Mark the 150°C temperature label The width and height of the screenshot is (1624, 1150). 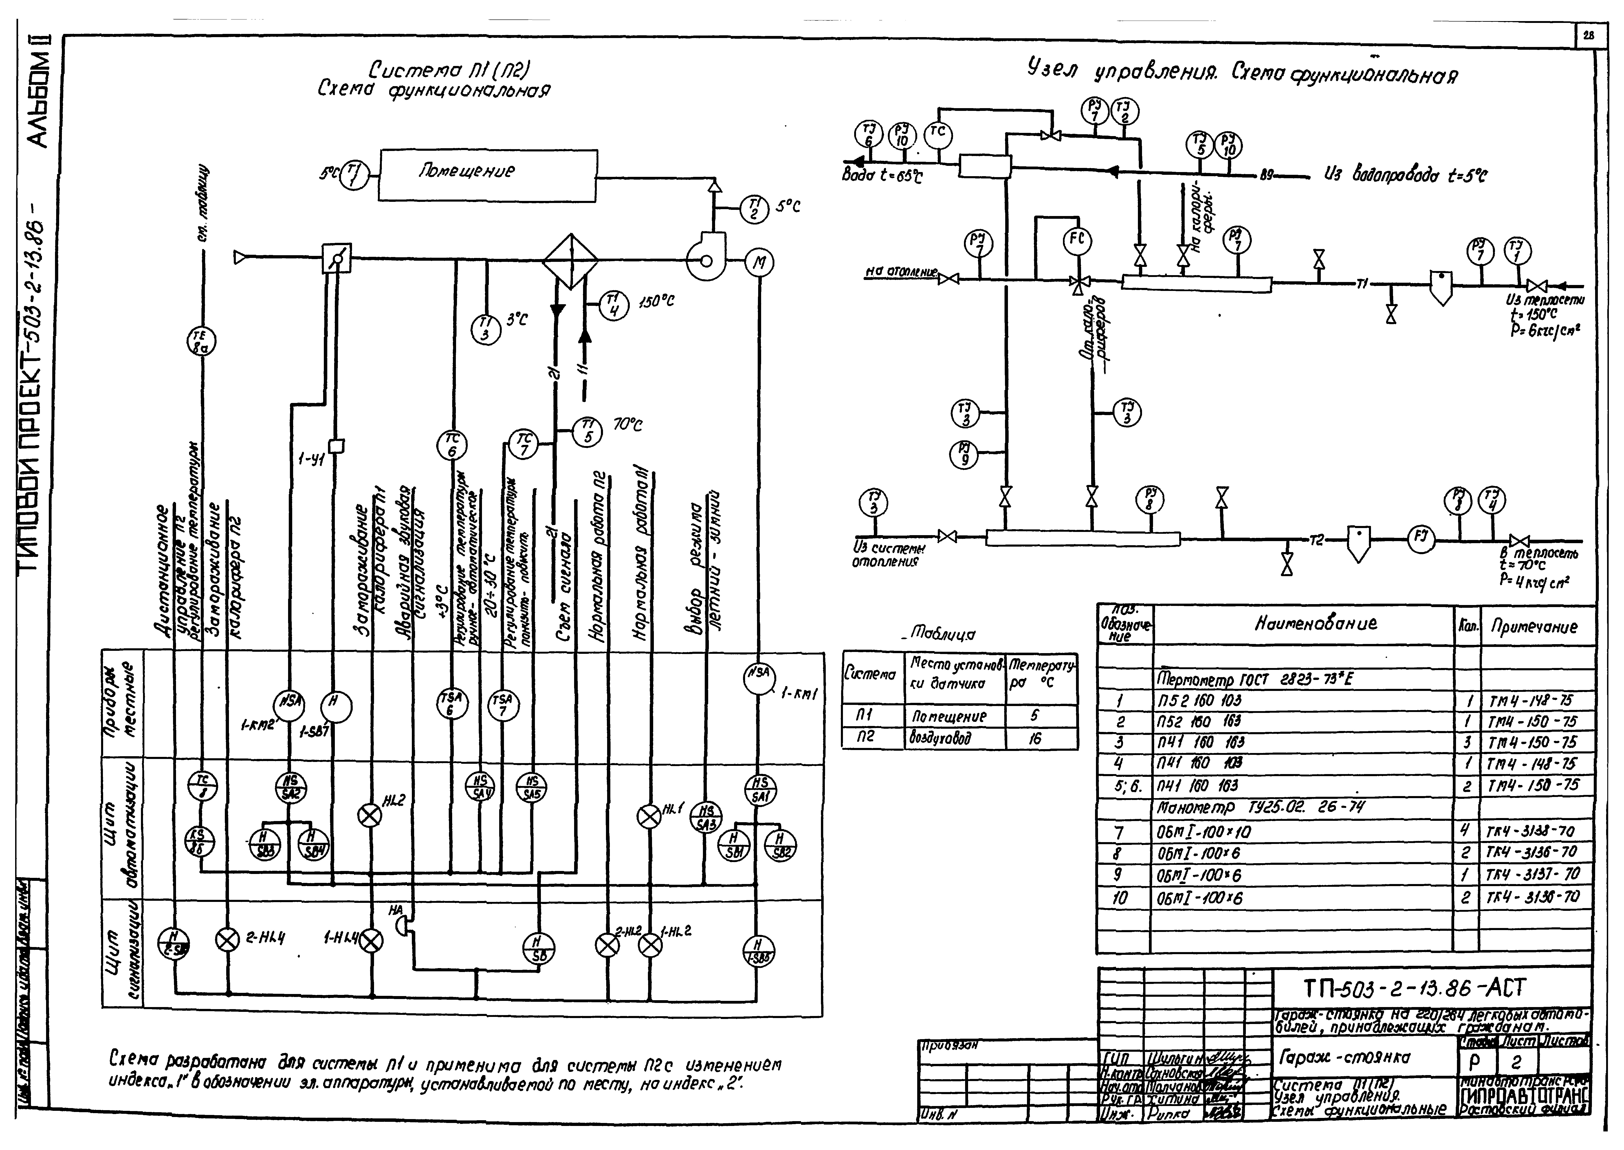[657, 302]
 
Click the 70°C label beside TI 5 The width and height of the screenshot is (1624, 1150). [628, 425]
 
